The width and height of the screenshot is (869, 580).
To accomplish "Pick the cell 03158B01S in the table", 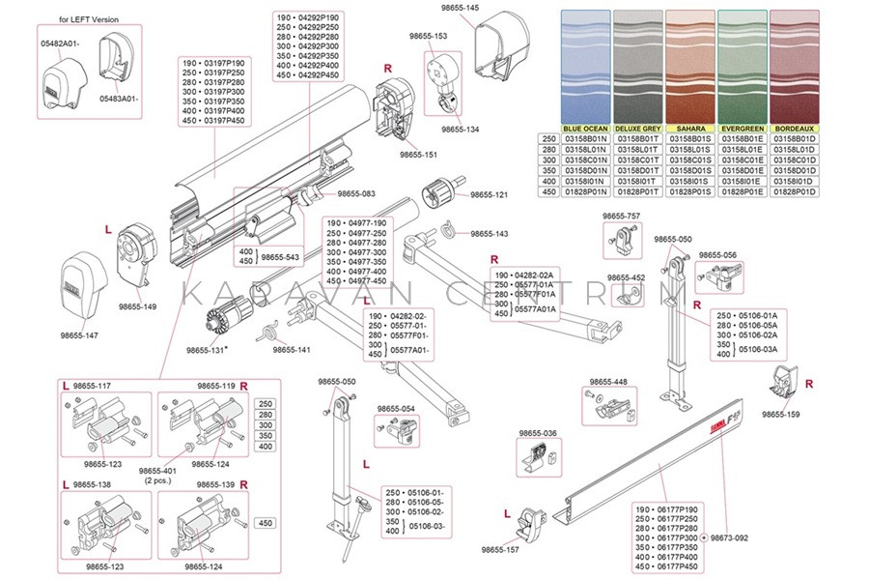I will (690, 139).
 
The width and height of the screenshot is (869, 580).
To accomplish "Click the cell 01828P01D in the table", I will (796, 192).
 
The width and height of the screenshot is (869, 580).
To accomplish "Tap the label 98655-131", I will (207, 350).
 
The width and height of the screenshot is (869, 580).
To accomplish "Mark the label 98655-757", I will (621, 217).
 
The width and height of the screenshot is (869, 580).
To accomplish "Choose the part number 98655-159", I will (780, 414).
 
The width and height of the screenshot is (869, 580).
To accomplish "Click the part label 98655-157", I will (500, 549).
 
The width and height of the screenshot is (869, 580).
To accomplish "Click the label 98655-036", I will (538, 433).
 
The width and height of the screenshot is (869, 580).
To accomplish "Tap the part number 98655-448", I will (608, 381).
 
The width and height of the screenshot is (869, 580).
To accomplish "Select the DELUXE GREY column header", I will (638, 129).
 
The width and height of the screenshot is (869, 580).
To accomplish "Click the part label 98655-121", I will (489, 195).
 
